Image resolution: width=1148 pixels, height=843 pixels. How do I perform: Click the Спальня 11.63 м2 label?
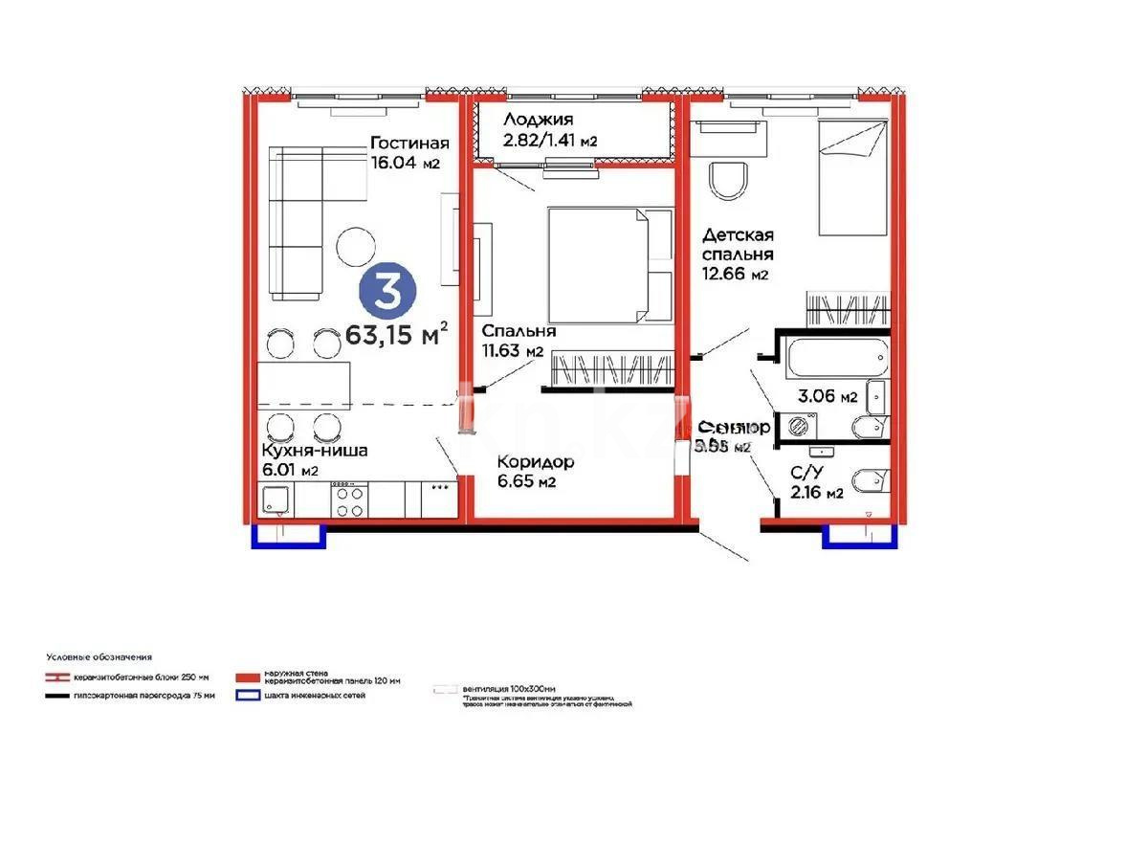pos(515,340)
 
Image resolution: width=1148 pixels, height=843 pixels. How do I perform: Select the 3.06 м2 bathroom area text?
pos(827,398)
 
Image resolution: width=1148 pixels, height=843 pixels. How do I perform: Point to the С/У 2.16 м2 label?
pos(815,483)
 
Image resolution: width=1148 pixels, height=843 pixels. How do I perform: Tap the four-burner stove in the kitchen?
pos(349,499)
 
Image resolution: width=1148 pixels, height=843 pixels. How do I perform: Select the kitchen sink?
pos(277,499)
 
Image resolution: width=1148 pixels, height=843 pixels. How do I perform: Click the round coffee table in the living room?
pos(357,246)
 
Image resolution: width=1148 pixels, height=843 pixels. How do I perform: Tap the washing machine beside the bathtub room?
pos(797,427)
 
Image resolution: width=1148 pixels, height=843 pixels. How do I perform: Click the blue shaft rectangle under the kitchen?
pos(289,538)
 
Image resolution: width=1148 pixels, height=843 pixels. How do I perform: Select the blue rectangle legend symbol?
pos(247,696)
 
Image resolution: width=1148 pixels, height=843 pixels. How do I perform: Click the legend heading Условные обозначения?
pos(99,657)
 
